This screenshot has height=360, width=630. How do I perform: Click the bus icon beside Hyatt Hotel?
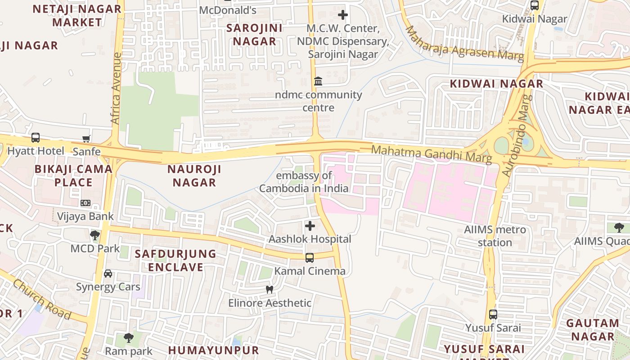point(36,138)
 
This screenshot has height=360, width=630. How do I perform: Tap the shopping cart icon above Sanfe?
point(86,139)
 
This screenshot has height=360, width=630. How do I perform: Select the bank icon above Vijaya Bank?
point(85,203)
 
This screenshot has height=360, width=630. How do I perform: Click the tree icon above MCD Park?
point(94,235)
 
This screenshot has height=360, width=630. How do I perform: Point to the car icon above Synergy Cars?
point(108,274)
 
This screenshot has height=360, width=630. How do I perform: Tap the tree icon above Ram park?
point(129,337)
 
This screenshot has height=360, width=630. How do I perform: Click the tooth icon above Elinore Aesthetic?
point(270,289)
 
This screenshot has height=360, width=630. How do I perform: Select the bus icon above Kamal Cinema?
point(310,258)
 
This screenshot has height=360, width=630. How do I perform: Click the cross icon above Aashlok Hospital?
point(310,225)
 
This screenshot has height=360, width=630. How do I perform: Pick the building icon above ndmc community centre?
point(318,81)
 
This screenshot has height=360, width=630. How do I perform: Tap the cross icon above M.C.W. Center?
point(343,15)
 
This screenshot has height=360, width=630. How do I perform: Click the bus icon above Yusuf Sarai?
point(493,315)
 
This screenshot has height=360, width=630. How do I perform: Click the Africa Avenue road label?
point(116,89)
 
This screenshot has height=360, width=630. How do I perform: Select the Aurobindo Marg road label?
point(516,135)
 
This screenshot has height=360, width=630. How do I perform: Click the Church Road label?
point(41,299)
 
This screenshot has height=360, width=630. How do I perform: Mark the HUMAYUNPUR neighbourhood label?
point(214,350)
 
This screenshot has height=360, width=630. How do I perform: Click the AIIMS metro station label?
point(495,236)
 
